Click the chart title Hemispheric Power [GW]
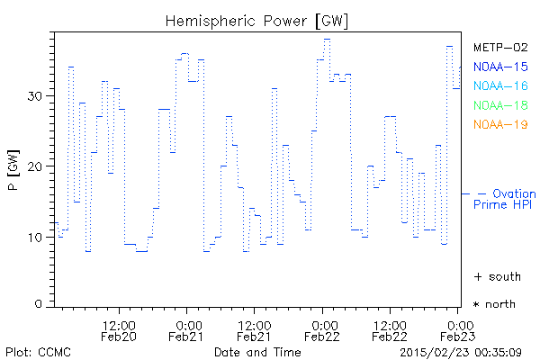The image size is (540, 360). click(257, 20)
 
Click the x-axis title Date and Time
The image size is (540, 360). click(257, 351)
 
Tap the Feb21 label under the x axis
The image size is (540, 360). click(185, 337)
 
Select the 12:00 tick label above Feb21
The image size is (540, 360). click(254, 324)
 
